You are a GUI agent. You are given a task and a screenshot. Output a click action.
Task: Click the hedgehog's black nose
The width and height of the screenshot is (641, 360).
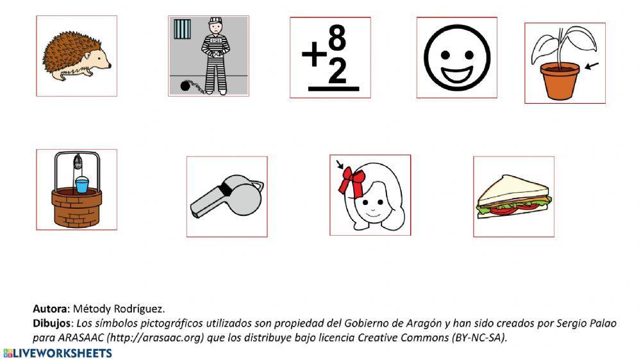(x=110, y=64)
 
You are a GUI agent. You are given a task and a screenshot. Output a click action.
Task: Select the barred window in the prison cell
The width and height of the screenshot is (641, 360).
(x=183, y=29)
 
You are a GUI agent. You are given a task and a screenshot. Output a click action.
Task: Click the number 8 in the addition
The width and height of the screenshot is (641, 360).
(x=337, y=40)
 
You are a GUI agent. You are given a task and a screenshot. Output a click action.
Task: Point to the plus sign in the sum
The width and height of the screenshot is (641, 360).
(x=314, y=56)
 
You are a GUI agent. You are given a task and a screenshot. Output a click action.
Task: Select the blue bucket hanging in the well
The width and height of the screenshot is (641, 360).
(x=81, y=185)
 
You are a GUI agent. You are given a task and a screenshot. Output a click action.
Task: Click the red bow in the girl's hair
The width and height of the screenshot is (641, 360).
(x=351, y=181)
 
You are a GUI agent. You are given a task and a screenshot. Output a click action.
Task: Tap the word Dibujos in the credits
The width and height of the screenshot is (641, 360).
(x=53, y=323)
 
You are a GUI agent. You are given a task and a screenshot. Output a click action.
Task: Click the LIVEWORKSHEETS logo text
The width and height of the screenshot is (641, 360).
(x=62, y=353)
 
